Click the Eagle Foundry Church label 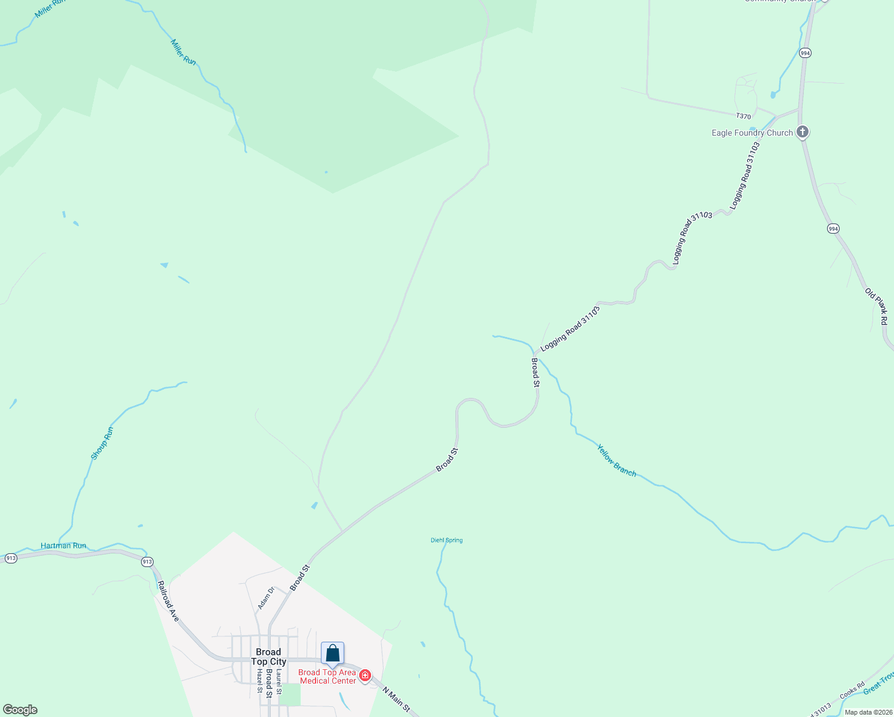752,133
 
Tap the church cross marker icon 803,132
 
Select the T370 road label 743,116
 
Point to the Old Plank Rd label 876,307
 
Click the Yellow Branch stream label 617,460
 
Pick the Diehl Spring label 446,540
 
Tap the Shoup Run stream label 102,443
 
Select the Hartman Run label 63,546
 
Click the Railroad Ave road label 168,600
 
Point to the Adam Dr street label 265,598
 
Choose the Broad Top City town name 268,657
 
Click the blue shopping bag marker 332,654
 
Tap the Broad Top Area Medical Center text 327,676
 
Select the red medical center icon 365,675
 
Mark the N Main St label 396,699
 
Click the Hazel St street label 259,681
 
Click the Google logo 20,710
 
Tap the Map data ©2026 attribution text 868,712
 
